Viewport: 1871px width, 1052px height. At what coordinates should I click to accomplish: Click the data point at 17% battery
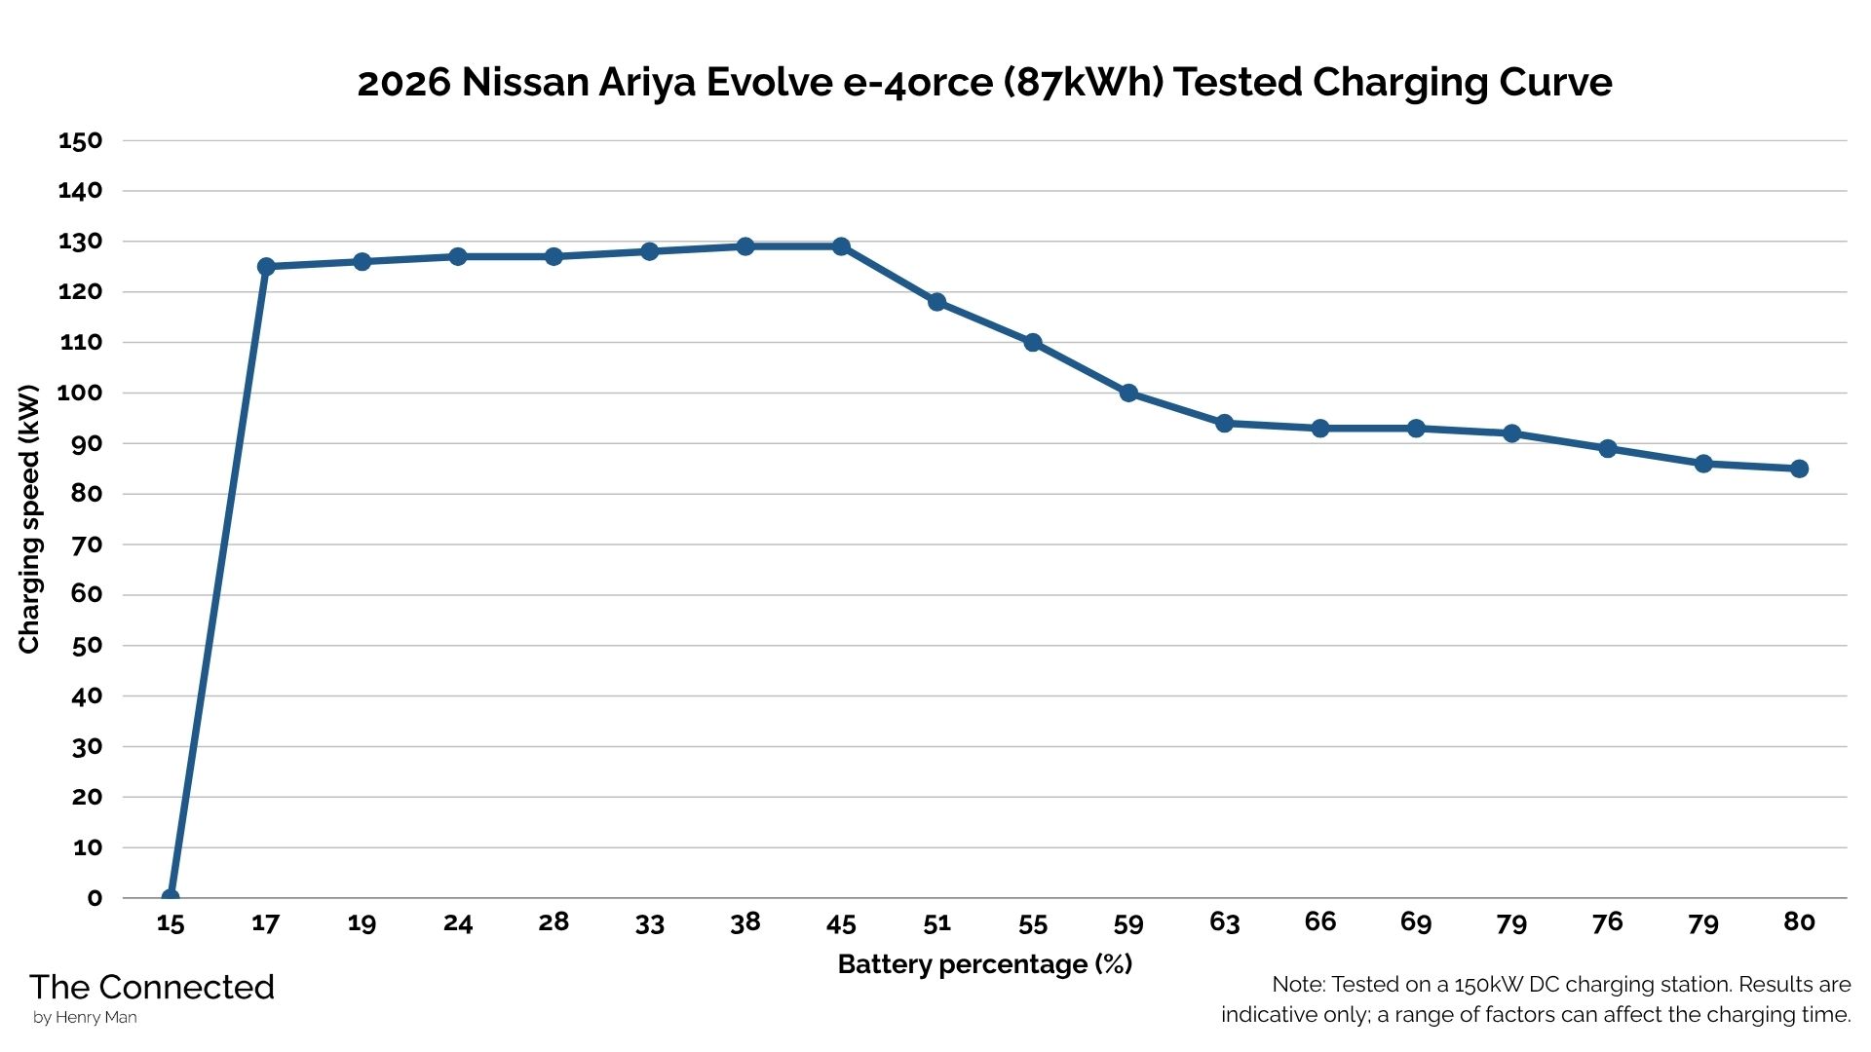point(266,267)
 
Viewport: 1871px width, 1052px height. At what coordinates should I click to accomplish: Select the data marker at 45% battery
point(841,246)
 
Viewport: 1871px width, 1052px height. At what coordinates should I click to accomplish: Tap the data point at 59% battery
point(1128,394)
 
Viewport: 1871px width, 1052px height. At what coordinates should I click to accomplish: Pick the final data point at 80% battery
point(1799,469)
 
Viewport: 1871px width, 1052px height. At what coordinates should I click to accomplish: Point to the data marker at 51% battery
point(936,302)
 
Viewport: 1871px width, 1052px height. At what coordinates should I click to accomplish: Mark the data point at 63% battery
point(1224,424)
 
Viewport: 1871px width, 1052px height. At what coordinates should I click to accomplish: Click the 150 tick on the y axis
point(80,141)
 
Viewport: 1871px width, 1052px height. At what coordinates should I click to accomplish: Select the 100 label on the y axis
point(80,394)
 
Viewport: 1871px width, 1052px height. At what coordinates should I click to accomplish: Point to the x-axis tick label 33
point(649,923)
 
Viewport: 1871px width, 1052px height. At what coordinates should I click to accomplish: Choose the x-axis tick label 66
point(1319,922)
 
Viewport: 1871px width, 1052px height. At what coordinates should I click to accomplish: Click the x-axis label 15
point(171,923)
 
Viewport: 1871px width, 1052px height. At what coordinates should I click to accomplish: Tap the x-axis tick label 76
point(1607,922)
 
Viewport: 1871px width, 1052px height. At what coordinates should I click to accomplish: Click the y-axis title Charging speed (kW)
point(29,519)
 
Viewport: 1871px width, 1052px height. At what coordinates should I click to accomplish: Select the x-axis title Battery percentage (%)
point(984,964)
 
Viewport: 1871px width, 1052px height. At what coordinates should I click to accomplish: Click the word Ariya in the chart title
point(646,84)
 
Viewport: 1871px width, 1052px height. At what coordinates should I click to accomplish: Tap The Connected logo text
point(152,988)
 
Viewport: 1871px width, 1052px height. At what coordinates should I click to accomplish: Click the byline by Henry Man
point(85,1018)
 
